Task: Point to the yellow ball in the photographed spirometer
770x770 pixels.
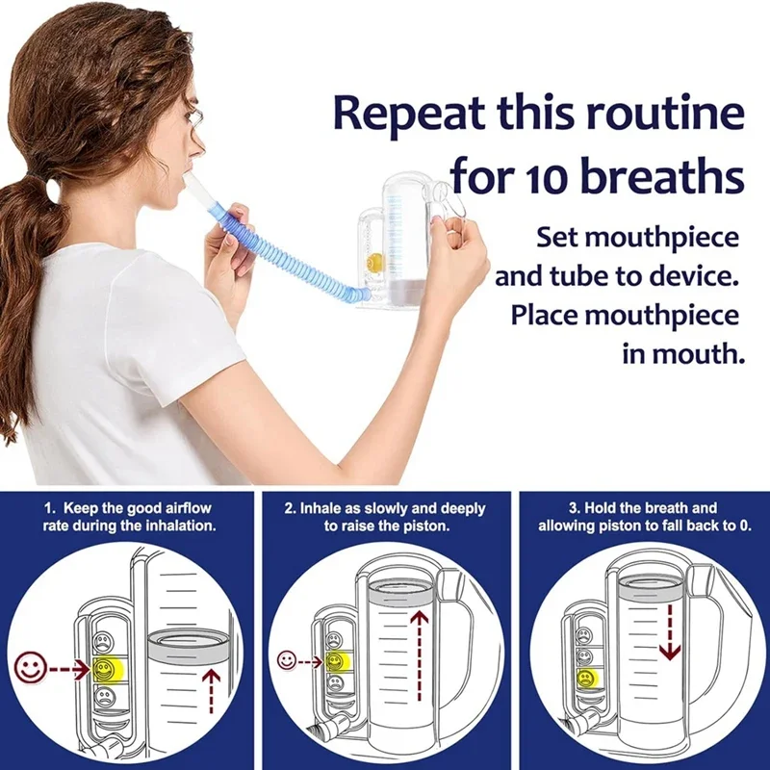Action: point(375,261)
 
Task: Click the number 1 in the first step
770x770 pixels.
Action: point(48,506)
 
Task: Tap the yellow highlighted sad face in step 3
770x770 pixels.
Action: point(584,680)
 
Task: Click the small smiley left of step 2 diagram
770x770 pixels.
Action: point(288,660)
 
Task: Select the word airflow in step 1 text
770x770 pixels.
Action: point(184,506)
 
